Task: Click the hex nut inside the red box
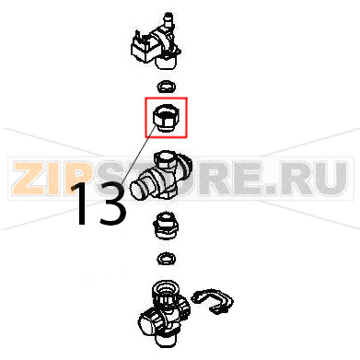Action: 166,117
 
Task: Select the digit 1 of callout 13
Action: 80,203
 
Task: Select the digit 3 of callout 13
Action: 111,204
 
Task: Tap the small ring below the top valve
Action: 166,87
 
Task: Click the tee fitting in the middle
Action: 161,176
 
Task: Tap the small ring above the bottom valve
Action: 166,258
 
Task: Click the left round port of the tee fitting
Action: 140,189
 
